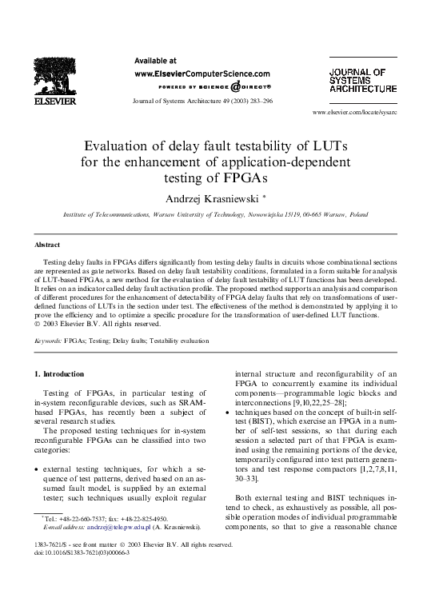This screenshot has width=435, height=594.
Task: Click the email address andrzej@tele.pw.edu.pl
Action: pyautogui.click(x=114, y=528)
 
